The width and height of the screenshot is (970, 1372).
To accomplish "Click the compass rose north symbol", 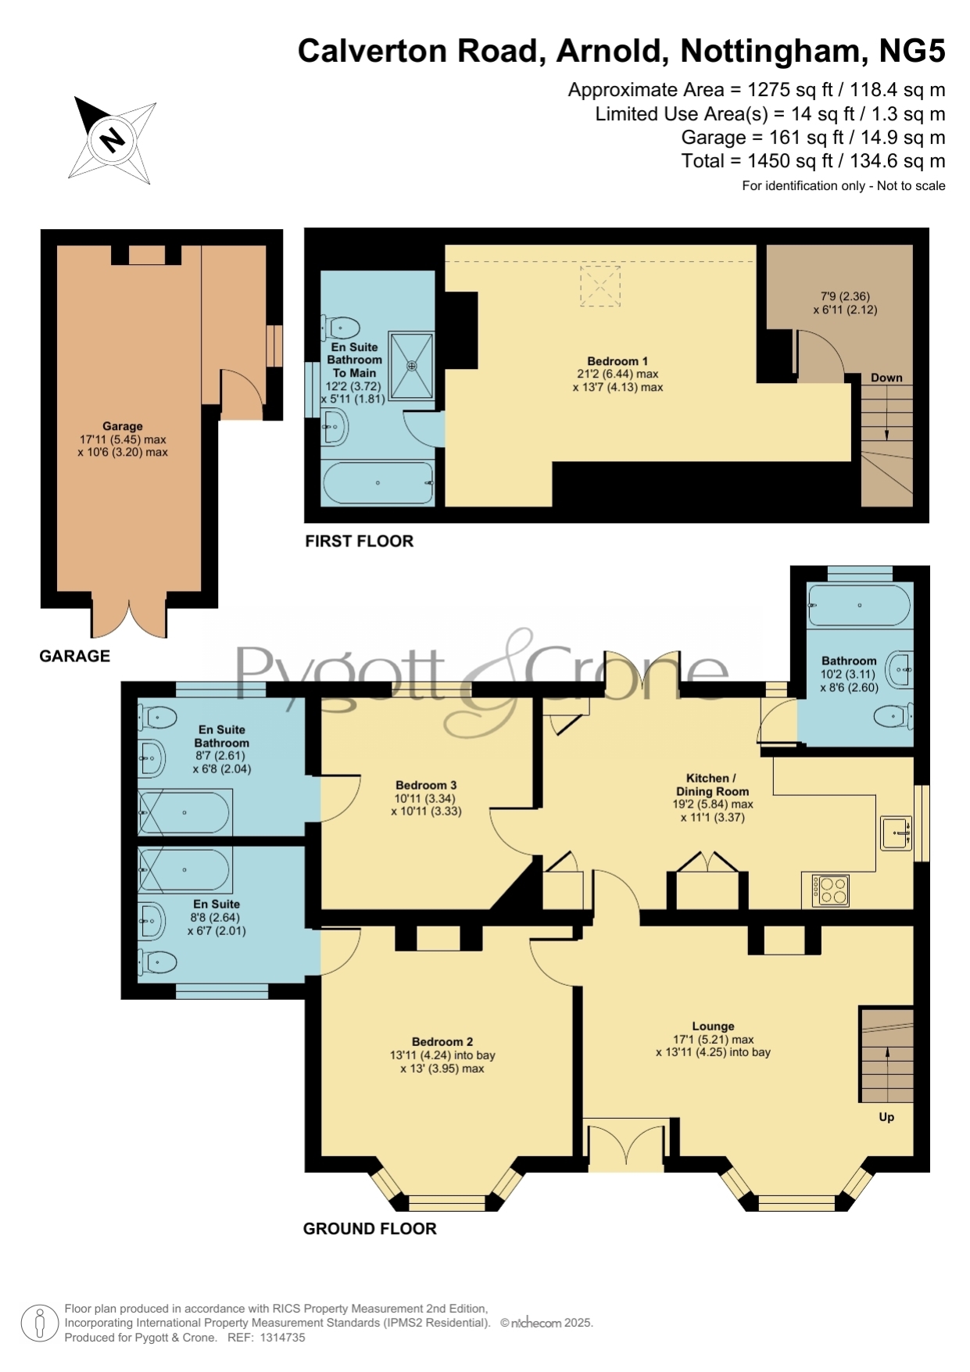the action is [x=112, y=140].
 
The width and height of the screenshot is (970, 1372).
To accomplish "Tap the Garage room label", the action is [x=123, y=426].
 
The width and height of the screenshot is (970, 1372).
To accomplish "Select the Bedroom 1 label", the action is [x=617, y=361].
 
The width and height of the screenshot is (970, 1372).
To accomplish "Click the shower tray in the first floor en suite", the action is [x=411, y=365].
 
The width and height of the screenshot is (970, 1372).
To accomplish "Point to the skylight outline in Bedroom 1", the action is [x=600, y=286].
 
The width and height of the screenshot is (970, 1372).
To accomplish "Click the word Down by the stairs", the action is [x=886, y=378].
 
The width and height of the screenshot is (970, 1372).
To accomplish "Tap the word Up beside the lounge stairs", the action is [x=886, y=1117].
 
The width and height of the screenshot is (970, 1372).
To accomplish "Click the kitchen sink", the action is [x=897, y=833].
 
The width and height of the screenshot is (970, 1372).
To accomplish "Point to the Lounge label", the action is [x=713, y=1026].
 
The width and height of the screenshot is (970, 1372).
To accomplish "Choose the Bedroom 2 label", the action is [x=442, y=1042].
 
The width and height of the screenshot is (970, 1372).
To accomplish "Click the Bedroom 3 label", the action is [x=426, y=786].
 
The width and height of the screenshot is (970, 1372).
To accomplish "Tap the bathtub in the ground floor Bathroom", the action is [x=859, y=605].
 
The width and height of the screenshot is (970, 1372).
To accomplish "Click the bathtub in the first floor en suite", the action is [x=378, y=482].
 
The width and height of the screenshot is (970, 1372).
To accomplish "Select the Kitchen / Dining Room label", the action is [x=712, y=785].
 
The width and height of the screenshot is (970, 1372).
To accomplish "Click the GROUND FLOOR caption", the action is [x=370, y=1229].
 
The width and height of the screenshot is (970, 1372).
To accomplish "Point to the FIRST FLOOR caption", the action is [x=359, y=541].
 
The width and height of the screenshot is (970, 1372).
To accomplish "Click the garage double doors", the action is [x=129, y=616].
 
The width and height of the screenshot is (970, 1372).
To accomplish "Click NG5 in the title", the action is [x=912, y=51].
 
